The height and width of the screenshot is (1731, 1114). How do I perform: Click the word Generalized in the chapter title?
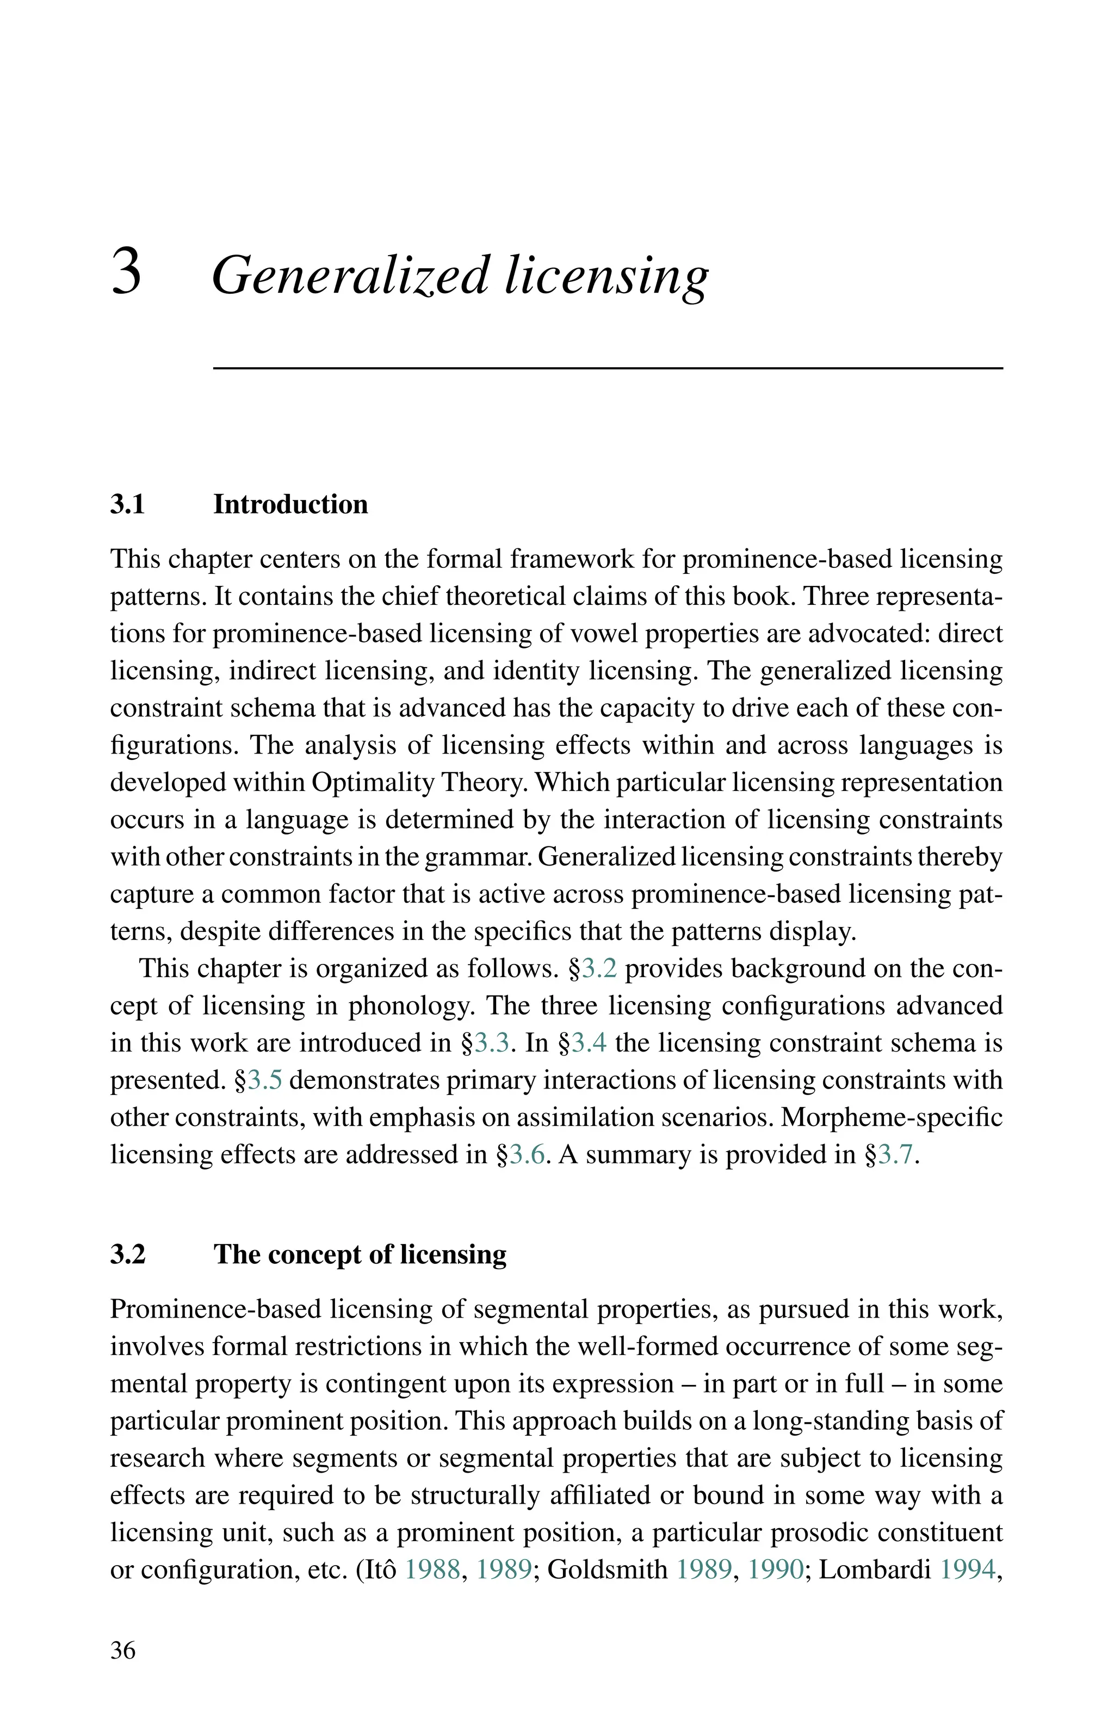350,276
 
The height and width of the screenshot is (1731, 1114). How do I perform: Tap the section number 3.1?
127,504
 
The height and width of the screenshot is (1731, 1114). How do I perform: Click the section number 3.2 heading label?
127,1253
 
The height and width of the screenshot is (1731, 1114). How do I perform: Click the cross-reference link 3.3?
493,1042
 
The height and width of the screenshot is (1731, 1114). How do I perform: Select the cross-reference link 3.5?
265,1079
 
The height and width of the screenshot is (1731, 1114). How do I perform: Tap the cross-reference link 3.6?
527,1154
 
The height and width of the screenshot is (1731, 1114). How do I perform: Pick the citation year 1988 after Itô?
432,1569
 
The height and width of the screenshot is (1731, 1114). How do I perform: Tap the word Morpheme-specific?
892,1117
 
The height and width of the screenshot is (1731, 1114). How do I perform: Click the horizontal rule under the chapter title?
608,368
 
